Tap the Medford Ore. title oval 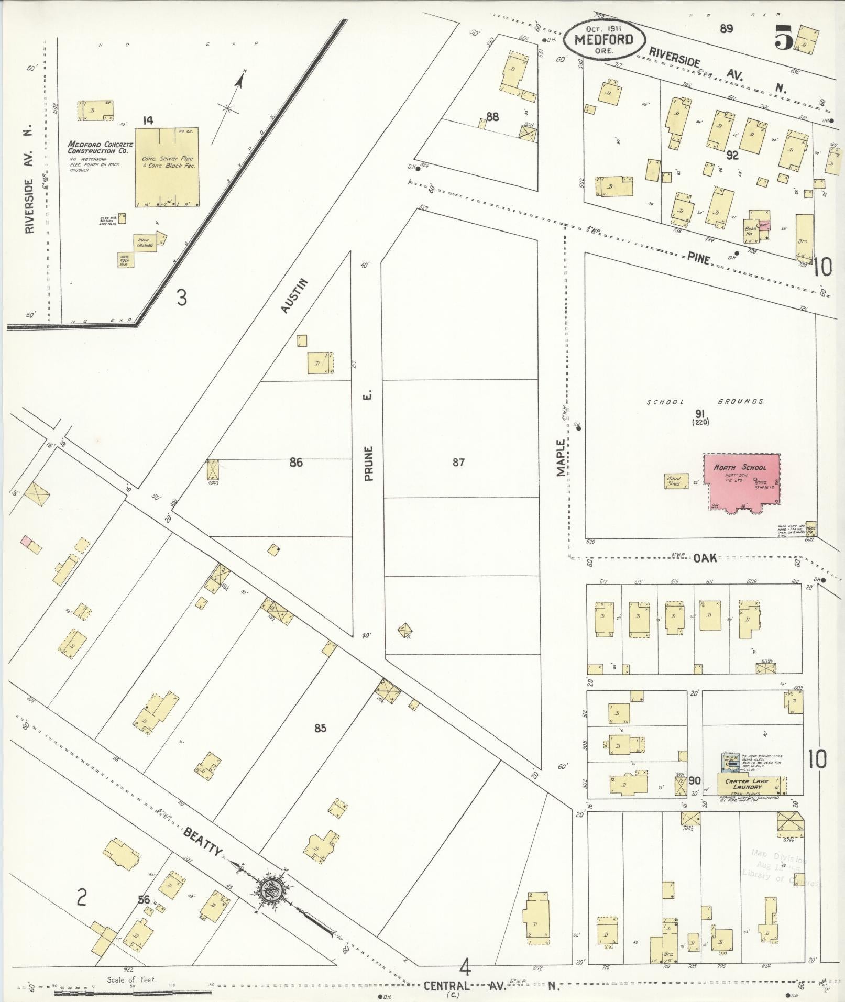tap(603, 40)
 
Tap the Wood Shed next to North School tap(674, 480)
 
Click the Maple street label tap(561, 457)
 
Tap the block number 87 tap(458, 463)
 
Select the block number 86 tap(296, 463)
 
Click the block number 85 tap(320, 728)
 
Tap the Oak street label tap(705, 558)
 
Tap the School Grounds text tap(705, 402)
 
